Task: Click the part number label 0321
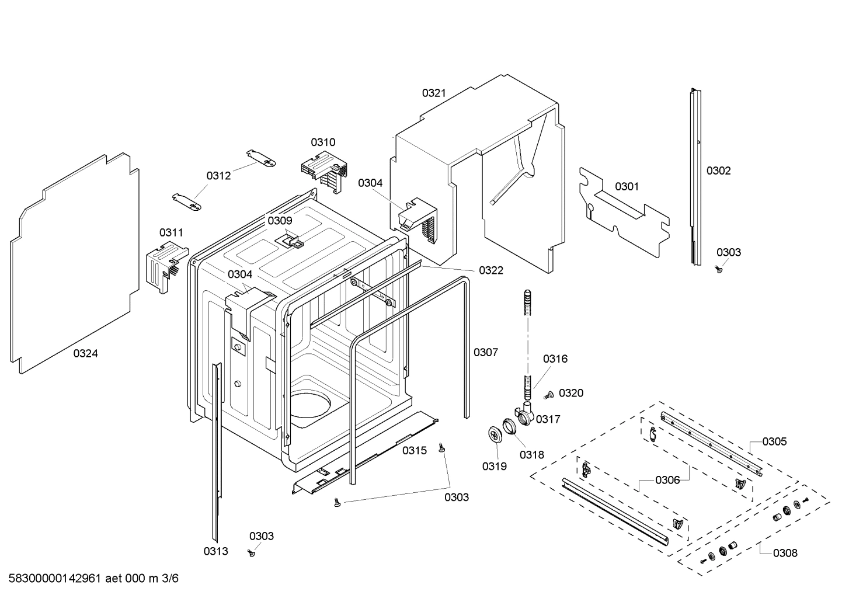[434, 93]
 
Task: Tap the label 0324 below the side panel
[86, 353]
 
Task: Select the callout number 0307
[485, 352]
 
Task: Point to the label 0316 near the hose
[555, 359]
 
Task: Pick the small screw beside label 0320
[548, 395]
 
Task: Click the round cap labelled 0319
[496, 435]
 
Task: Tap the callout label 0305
[774, 441]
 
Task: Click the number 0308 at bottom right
[785, 552]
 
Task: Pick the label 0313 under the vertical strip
[215, 551]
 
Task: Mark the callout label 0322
[490, 270]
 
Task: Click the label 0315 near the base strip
[414, 450]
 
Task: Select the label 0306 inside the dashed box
[667, 480]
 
